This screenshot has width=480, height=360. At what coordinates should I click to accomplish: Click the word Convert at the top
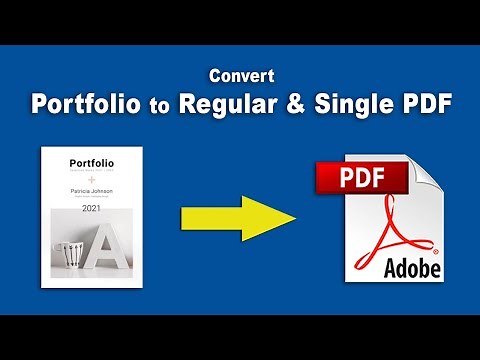point(239,75)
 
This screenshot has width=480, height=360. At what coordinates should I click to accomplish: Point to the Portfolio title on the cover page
point(92,163)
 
